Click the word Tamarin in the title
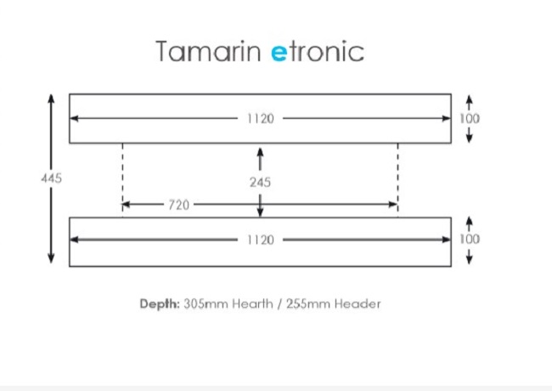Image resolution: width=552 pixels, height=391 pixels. click(209, 52)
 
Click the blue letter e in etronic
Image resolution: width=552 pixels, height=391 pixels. click(279, 52)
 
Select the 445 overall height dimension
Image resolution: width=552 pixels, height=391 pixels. click(51, 178)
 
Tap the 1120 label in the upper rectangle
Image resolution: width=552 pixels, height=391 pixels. click(260, 118)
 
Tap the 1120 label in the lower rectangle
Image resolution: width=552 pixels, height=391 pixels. click(260, 240)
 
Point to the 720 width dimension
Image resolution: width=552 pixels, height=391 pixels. click(178, 205)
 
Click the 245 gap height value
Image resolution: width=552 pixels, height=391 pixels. click(260, 182)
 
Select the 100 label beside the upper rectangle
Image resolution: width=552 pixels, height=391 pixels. click(470, 118)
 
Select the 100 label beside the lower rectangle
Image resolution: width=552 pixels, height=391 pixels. click(470, 239)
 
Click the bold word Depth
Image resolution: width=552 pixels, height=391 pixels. click(159, 303)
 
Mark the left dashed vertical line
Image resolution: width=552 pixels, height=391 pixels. click(122, 174)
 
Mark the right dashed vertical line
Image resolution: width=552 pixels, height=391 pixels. click(397, 174)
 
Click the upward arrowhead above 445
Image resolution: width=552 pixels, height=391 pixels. click(51, 99)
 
